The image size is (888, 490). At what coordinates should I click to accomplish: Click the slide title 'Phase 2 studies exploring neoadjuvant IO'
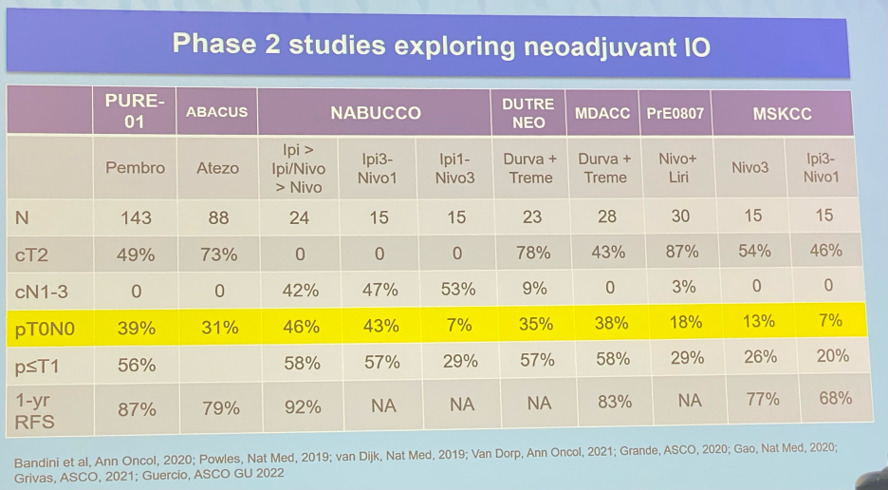pyautogui.click(x=441, y=45)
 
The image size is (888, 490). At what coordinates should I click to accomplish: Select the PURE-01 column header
pyautogui.click(x=135, y=111)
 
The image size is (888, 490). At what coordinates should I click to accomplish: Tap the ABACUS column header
pyautogui.click(x=217, y=112)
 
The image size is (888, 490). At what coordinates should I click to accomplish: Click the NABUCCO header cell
pyautogui.click(x=376, y=112)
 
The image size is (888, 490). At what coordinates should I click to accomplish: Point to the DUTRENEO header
pyautogui.click(x=527, y=113)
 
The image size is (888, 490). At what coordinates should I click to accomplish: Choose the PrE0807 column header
pyautogui.click(x=675, y=113)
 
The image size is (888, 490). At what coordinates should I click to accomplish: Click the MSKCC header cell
pyautogui.click(x=782, y=113)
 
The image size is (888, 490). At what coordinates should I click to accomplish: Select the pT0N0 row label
pyautogui.click(x=45, y=329)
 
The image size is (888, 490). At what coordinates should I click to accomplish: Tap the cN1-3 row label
pyautogui.click(x=42, y=292)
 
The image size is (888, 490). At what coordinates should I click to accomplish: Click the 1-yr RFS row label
pyautogui.click(x=35, y=411)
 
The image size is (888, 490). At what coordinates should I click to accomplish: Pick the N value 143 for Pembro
pyautogui.click(x=136, y=217)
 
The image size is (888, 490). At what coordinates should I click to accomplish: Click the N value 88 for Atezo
pyautogui.click(x=218, y=217)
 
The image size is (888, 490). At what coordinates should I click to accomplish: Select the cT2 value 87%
pyautogui.click(x=682, y=252)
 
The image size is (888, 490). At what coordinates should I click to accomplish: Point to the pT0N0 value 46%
pyautogui.click(x=301, y=327)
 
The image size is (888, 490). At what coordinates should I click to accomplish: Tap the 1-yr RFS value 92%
pyautogui.click(x=303, y=406)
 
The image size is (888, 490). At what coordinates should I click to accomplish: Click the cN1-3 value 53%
pyautogui.click(x=458, y=290)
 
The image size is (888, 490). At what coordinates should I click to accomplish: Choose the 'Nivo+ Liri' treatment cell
pyautogui.click(x=677, y=168)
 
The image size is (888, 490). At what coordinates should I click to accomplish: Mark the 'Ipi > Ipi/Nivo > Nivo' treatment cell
pyautogui.click(x=300, y=168)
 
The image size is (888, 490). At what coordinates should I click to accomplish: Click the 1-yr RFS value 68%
pyautogui.click(x=835, y=398)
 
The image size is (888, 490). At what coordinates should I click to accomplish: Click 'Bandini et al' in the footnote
pyautogui.click(x=50, y=462)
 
